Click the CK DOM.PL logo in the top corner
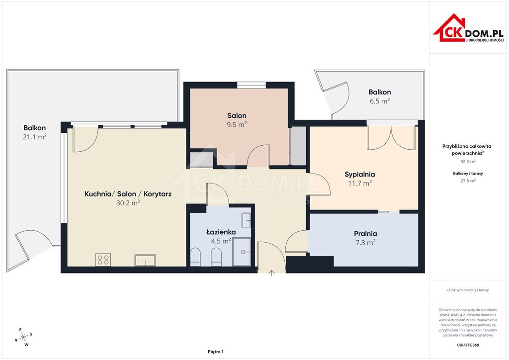[468, 28]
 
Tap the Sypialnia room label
[360, 175]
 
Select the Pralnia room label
[365, 233]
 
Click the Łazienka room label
[221, 232]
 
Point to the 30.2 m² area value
[128, 203]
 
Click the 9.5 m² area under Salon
[237, 124]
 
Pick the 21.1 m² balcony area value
[35, 137]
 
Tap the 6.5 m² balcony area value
[380, 101]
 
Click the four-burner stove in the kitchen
[103, 260]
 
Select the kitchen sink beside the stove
[145, 261]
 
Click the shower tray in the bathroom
[242, 252]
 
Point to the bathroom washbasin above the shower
[246, 220]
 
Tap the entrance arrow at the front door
[272, 273]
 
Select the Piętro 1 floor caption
[216, 352]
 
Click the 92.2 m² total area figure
[468, 161]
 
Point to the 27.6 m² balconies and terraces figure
[468, 181]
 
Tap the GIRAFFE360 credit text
[468, 345]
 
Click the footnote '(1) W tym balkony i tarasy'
[468, 290]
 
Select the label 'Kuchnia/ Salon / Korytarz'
[128, 194]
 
